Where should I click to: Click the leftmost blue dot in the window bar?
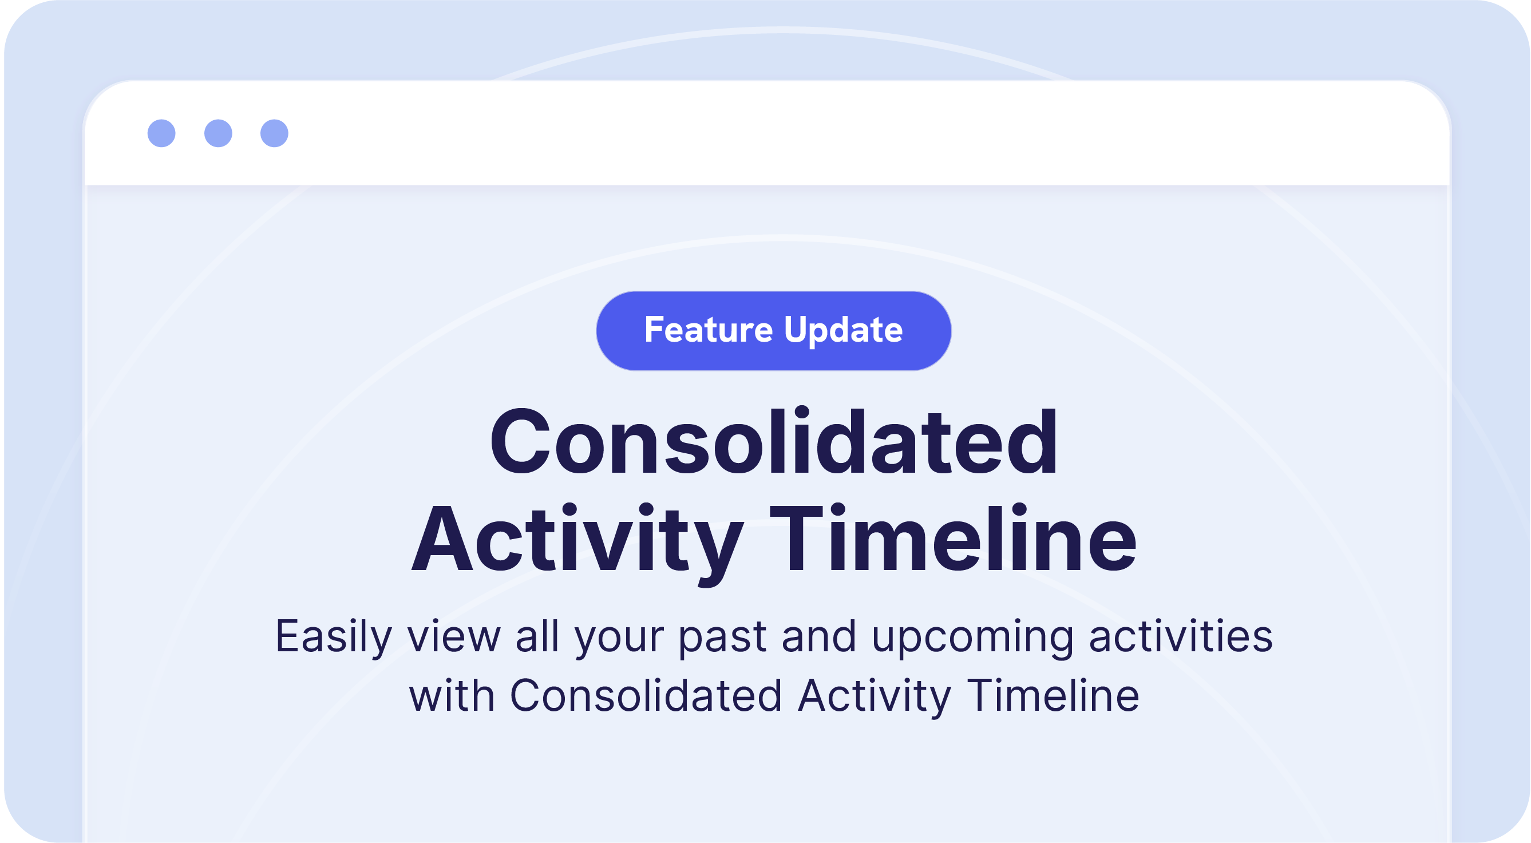click(x=161, y=133)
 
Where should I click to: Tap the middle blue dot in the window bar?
click(x=218, y=133)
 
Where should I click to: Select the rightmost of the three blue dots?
click(x=275, y=133)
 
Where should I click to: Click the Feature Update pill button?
click(x=773, y=331)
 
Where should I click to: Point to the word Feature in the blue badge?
click(x=709, y=330)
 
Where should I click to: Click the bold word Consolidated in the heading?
click(x=773, y=443)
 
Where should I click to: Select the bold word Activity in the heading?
click(x=576, y=540)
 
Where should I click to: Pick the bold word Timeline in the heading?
click(x=953, y=539)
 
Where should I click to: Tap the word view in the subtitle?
click(x=454, y=637)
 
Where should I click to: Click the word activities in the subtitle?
click(x=1181, y=637)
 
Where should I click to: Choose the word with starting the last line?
click(x=452, y=696)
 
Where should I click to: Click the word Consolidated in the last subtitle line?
click(x=646, y=696)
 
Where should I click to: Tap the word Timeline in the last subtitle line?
click(x=1053, y=696)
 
